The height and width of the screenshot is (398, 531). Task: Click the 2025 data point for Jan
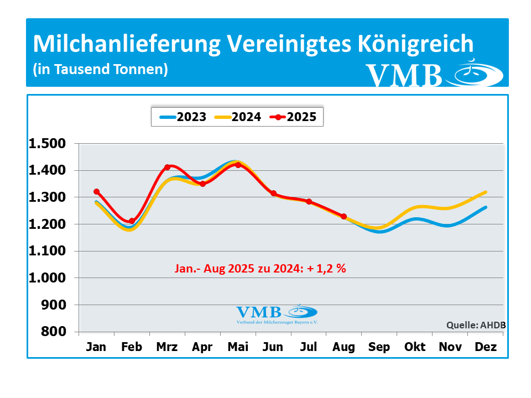point(97,192)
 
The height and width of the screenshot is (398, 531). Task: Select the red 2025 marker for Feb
point(132,221)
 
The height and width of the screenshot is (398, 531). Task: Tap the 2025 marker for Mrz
point(167,167)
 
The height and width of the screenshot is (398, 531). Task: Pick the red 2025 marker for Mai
point(238,165)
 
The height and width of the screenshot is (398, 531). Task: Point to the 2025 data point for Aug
point(343,216)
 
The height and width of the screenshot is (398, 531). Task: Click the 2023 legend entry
point(183,117)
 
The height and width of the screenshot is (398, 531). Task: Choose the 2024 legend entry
point(238,117)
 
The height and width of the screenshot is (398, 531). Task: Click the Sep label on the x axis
point(379,347)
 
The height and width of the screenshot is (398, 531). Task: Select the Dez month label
point(486,347)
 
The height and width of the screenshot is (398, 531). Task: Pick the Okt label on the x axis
point(415,347)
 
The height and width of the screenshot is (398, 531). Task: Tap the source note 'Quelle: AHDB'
point(476,325)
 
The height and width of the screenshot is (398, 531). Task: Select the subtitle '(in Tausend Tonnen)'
point(100,70)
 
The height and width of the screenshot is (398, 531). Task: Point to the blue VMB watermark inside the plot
point(276,314)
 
